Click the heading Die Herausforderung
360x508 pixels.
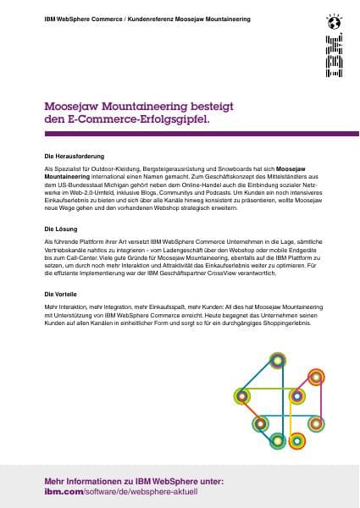(75, 157)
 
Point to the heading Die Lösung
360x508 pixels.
(61, 229)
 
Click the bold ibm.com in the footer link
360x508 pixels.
(62, 491)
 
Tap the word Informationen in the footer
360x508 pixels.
(96, 481)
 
